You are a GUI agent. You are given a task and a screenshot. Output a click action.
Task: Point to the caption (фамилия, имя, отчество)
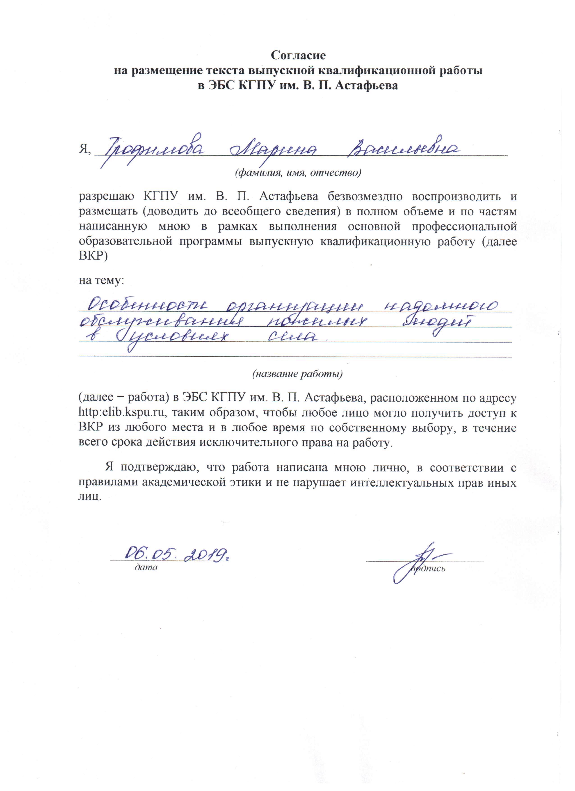298,173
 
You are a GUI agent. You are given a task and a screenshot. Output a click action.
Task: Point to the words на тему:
101,280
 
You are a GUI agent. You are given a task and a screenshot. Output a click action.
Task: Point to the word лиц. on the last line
90,497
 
